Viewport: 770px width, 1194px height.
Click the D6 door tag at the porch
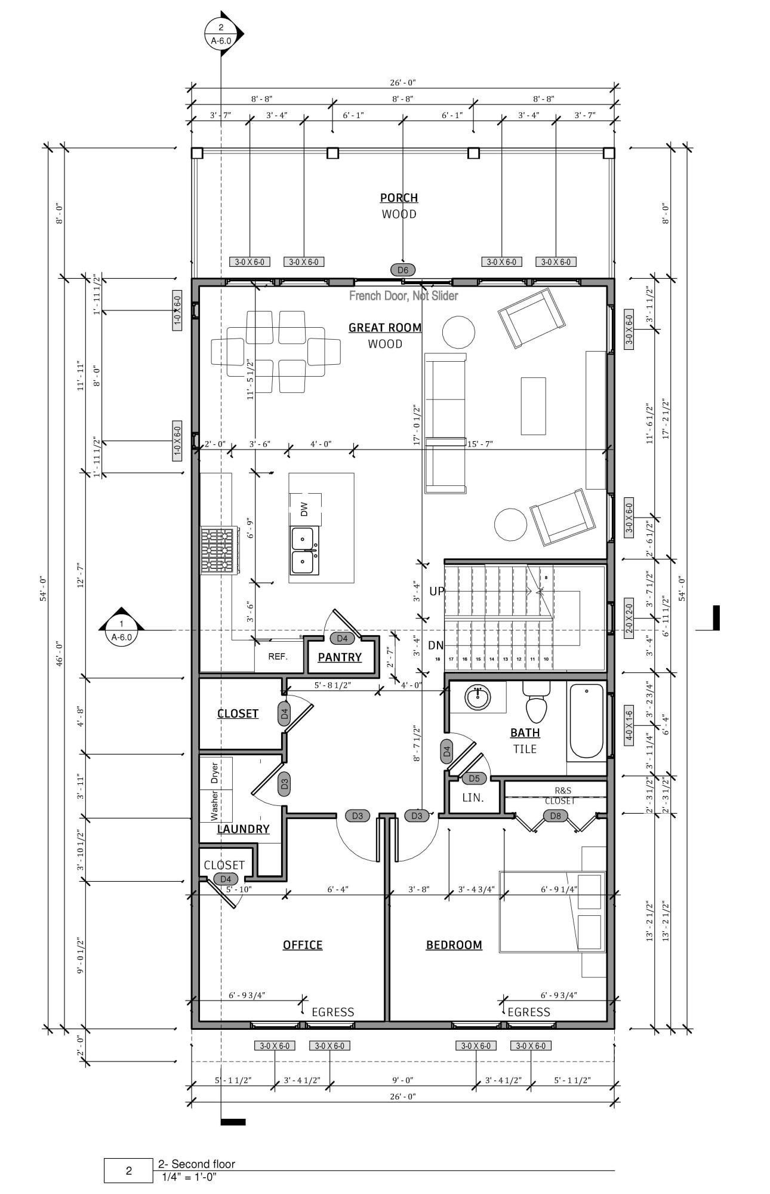(x=403, y=270)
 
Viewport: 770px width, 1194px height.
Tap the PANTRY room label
(x=340, y=657)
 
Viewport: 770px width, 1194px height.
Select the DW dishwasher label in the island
(x=304, y=509)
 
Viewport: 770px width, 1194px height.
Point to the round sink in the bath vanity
(x=477, y=697)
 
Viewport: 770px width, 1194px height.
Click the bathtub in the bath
(x=586, y=722)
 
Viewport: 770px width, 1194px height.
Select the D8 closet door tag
(x=556, y=816)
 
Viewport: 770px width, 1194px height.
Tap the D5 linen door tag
(x=474, y=778)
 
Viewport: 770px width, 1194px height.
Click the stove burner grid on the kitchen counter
(x=217, y=550)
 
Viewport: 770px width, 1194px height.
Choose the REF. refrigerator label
(x=278, y=657)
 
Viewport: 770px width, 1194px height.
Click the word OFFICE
(x=303, y=945)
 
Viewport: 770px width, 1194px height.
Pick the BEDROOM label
(x=454, y=945)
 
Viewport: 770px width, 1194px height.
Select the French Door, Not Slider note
(x=404, y=296)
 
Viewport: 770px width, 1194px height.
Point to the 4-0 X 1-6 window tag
(x=629, y=725)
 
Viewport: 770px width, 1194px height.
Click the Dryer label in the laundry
(x=214, y=773)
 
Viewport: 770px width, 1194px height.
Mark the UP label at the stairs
(x=437, y=591)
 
